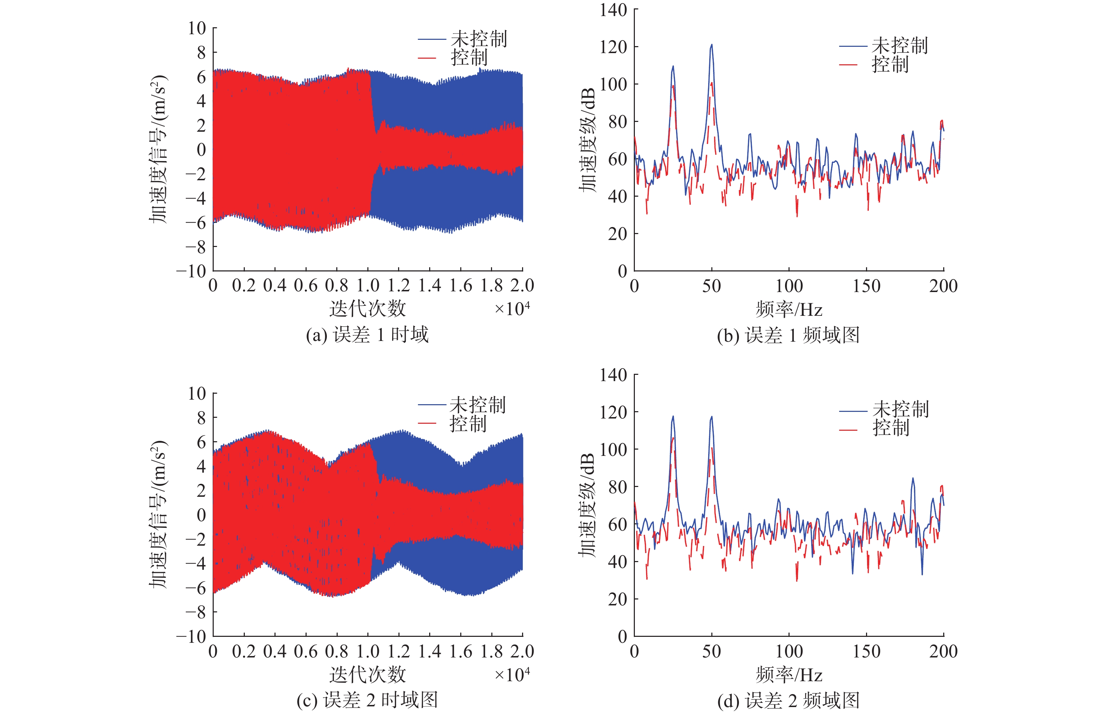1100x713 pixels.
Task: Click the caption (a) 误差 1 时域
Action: pos(367,334)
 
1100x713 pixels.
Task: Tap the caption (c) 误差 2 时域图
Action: pos(367,700)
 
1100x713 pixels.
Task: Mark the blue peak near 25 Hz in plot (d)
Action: pos(673,417)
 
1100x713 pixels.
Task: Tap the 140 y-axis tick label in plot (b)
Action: pos(613,10)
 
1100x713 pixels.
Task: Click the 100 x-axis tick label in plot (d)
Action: pos(789,652)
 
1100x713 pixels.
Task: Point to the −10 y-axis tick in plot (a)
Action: pos(191,271)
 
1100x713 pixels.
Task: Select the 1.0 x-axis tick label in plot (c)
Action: pos(368,652)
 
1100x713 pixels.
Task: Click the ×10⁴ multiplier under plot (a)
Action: pos(512,309)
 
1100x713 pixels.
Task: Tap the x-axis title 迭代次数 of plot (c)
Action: pos(367,675)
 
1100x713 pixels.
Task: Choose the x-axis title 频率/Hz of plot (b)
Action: pos(789,309)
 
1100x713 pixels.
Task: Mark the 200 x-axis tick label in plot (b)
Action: pos(943,286)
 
